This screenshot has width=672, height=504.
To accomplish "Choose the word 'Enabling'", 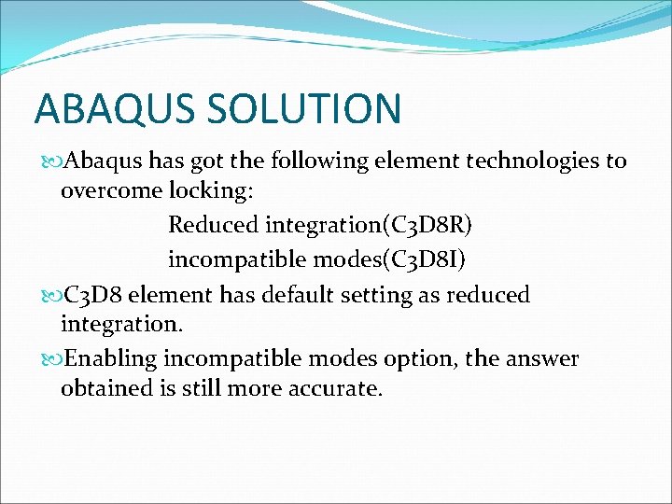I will pos(113,359).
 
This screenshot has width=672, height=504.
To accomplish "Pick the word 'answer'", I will pos(541,359).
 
